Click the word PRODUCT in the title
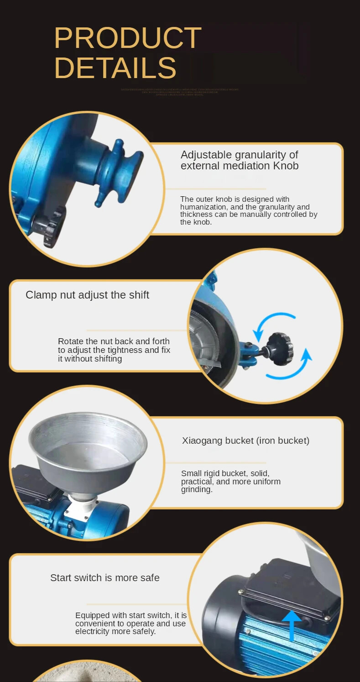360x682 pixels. pyautogui.click(x=127, y=38)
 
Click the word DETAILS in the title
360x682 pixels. pyautogui.click(x=115, y=68)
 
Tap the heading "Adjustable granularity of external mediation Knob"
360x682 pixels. pyautogui.click(x=240, y=160)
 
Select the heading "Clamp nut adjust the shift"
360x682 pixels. pyautogui.click(x=87, y=295)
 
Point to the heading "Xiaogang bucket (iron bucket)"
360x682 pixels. pyautogui.click(x=245, y=441)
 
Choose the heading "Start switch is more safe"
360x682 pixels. pyautogui.click(x=104, y=577)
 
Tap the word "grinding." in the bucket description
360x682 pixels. pyautogui.click(x=197, y=489)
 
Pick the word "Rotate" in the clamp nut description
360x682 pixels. pyautogui.click(x=71, y=341)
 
